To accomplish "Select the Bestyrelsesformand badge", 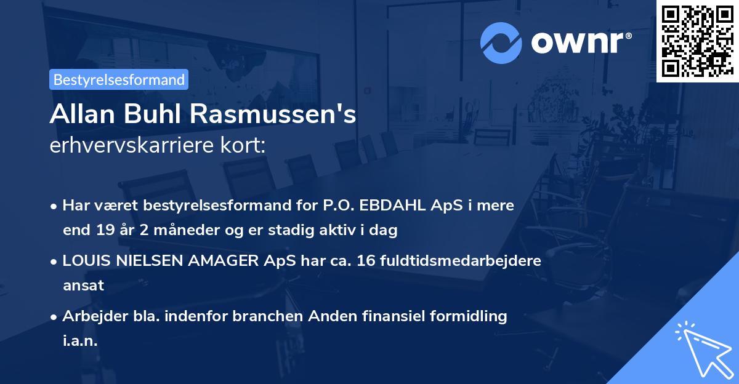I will click(x=119, y=79).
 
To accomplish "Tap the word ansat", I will click(x=83, y=286).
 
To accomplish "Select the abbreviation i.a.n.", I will click(x=80, y=342).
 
